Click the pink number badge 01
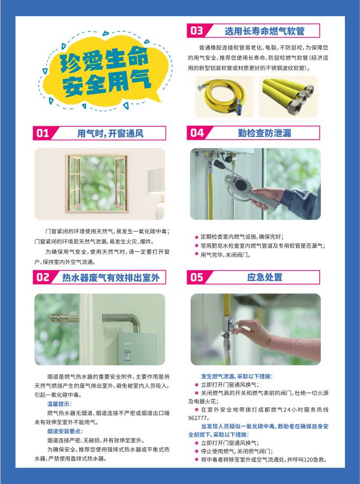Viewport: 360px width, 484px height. (x=43, y=133)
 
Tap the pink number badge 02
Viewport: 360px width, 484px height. (x=43, y=277)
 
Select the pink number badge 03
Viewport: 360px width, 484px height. (x=197, y=31)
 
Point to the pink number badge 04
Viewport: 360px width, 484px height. (x=197, y=133)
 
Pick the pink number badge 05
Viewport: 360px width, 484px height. (x=197, y=277)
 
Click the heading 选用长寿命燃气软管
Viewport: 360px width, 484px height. (x=264, y=31)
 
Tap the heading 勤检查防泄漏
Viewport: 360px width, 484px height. (x=264, y=133)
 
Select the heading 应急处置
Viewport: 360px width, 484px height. (x=264, y=277)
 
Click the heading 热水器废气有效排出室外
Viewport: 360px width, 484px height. (x=111, y=278)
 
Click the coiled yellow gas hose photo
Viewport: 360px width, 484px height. (x=225, y=96)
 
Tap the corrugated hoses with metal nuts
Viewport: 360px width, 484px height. (x=288, y=96)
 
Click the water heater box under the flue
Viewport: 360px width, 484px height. (x=138, y=348)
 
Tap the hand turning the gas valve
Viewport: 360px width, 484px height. (x=251, y=334)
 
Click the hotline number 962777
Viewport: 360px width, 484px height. (x=198, y=418)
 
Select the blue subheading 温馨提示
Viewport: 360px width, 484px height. (x=59, y=404)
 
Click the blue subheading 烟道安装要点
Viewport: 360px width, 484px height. (x=65, y=431)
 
